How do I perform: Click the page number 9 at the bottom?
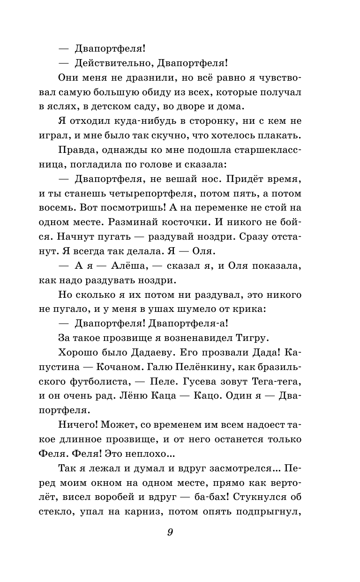pos(170,532)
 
